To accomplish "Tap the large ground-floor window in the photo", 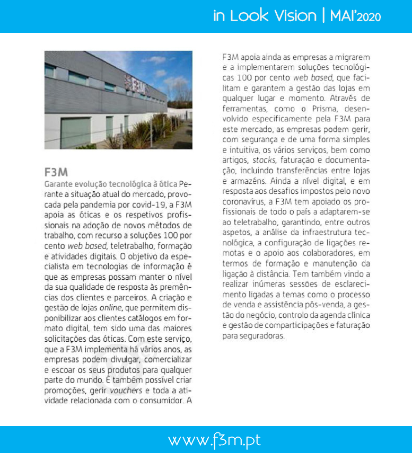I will point(76,133).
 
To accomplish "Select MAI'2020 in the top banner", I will point(354,16).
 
